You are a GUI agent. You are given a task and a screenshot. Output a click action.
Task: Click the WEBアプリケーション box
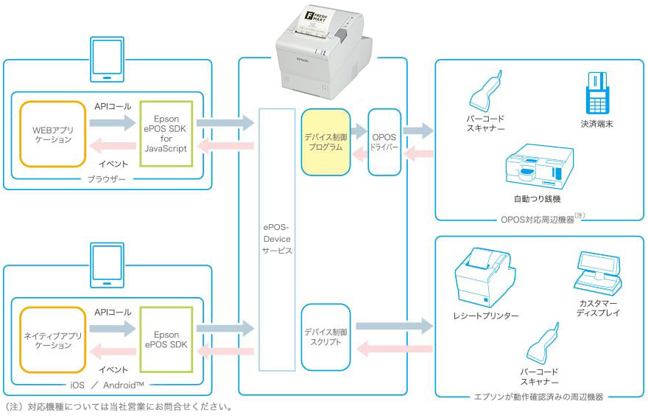[x=52, y=134]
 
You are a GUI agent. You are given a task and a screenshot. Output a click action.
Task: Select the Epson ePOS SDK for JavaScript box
[x=166, y=133]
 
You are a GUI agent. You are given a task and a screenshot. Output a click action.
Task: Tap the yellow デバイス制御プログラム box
[x=324, y=142]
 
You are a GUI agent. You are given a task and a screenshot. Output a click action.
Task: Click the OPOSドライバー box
[x=384, y=142]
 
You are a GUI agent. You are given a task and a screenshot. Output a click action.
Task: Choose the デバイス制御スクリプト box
[x=324, y=337]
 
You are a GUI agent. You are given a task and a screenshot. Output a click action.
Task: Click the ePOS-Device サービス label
[x=277, y=240]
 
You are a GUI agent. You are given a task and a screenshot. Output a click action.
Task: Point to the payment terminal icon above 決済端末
[x=596, y=92]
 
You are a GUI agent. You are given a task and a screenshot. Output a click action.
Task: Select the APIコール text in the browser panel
[x=113, y=106]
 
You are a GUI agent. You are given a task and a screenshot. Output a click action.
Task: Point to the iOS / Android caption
[x=108, y=385]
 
